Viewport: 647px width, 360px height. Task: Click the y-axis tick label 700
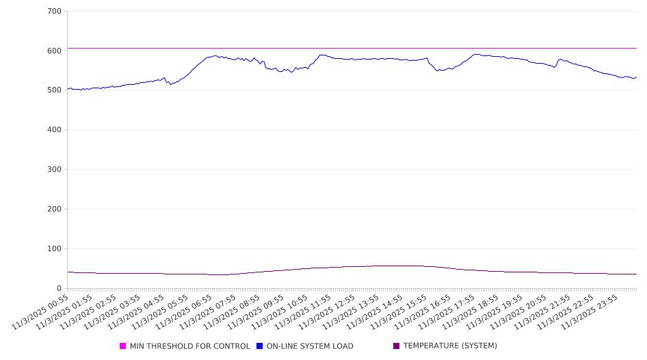pos(55,12)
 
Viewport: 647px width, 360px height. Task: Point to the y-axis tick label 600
pos(55,51)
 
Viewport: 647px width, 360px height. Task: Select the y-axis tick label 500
pos(55,90)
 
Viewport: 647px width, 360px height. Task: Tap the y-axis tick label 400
pos(55,130)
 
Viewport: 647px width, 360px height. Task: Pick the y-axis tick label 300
pos(55,170)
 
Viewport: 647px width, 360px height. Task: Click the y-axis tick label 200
pos(55,209)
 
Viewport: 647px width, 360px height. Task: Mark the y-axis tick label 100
pos(55,249)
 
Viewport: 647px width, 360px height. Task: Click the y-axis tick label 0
pos(60,289)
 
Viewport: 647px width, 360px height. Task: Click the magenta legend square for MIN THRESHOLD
pos(123,346)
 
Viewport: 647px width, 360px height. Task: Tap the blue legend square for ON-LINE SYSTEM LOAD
pos(260,346)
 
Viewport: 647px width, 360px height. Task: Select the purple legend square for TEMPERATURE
pos(397,346)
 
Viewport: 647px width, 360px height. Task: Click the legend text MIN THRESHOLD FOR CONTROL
pos(190,346)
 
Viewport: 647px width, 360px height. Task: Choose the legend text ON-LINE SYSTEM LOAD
pos(311,346)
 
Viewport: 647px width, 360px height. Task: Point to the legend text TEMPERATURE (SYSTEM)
pos(450,346)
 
